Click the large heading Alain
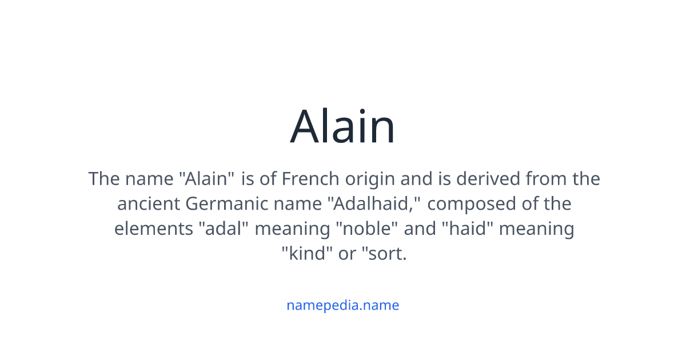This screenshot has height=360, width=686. [x=342, y=127]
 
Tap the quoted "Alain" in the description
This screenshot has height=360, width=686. [x=207, y=179]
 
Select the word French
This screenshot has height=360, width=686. [x=310, y=179]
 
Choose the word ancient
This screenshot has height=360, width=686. [x=148, y=204]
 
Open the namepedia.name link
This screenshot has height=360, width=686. [x=342, y=305]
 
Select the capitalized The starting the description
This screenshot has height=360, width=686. [x=103, y=179]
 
